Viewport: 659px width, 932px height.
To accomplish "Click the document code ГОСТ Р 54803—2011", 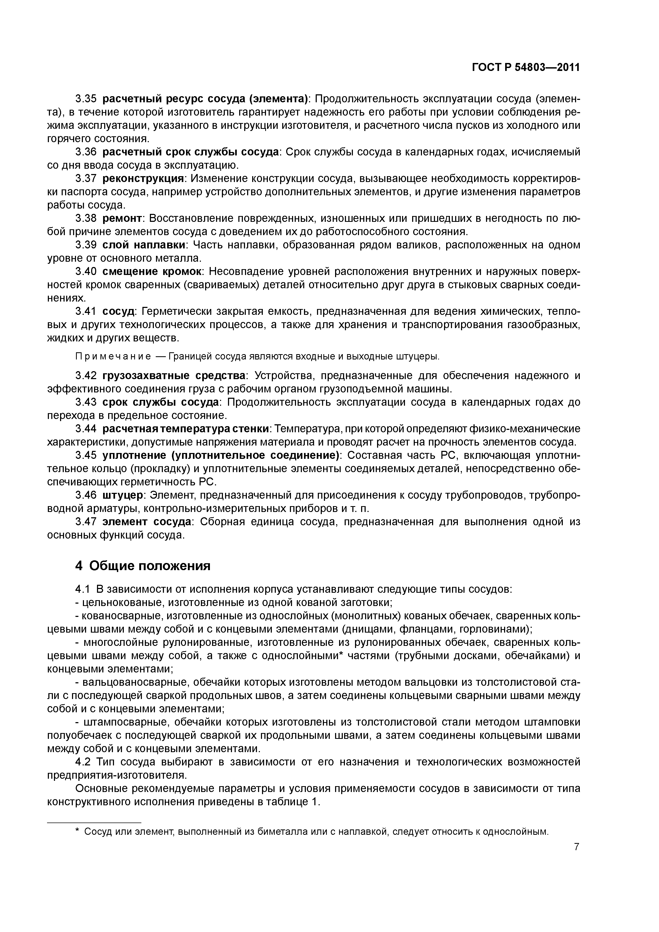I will [x=525, y=67].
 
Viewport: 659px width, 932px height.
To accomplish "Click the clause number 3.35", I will [x=86, y=99].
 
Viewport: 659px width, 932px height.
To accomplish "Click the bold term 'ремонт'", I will [x=122, y=218].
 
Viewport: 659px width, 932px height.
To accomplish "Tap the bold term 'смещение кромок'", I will [x=152, y=272].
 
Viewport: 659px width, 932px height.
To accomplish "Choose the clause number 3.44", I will [x=86, y=429].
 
